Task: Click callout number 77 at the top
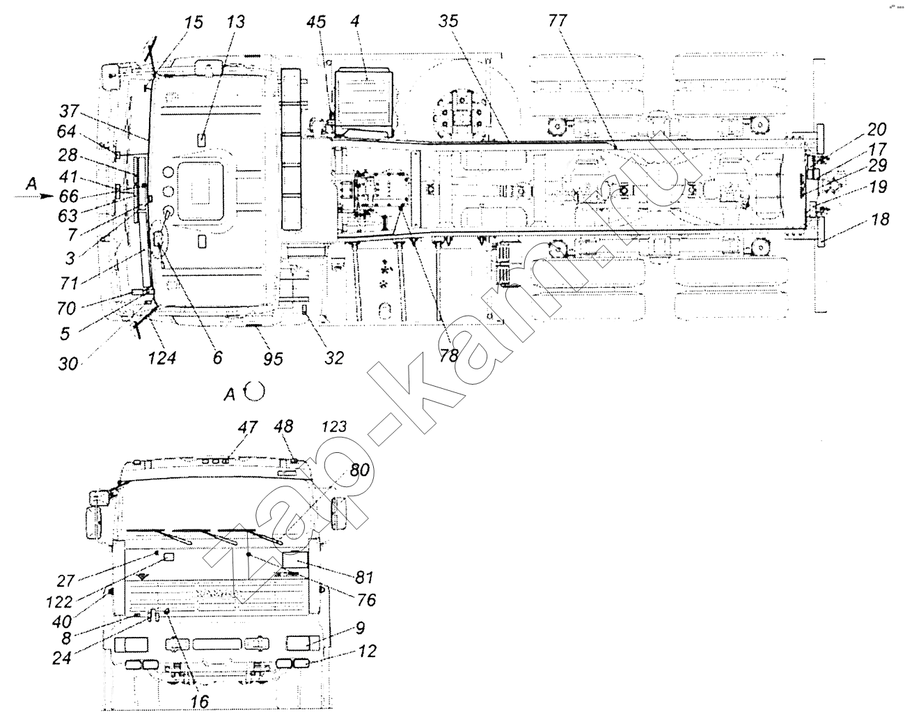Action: click(x=558, y=20)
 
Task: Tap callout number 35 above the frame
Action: click(x=448, y=21)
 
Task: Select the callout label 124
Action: click(x=162, y=358)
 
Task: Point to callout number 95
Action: click(x=273, y=359)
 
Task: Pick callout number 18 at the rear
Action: click(x=880, y=219)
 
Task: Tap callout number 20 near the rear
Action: click(x=876, y=130)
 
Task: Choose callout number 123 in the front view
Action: click(x=334, y=426)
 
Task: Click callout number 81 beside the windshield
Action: click(x=364, y=577)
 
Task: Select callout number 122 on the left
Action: click(x=60, y=602)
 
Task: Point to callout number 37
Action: click(x=68, y=111)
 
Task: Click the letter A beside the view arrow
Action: click(x=31, y=184)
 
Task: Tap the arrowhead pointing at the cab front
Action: click(x=47, y=197)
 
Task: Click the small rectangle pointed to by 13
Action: click(x=203, y=139)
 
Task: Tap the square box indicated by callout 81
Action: click(x=296, y=564)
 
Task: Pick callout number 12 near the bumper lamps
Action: click(x=367, y=651)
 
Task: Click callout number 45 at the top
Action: click(x=316, y=22)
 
